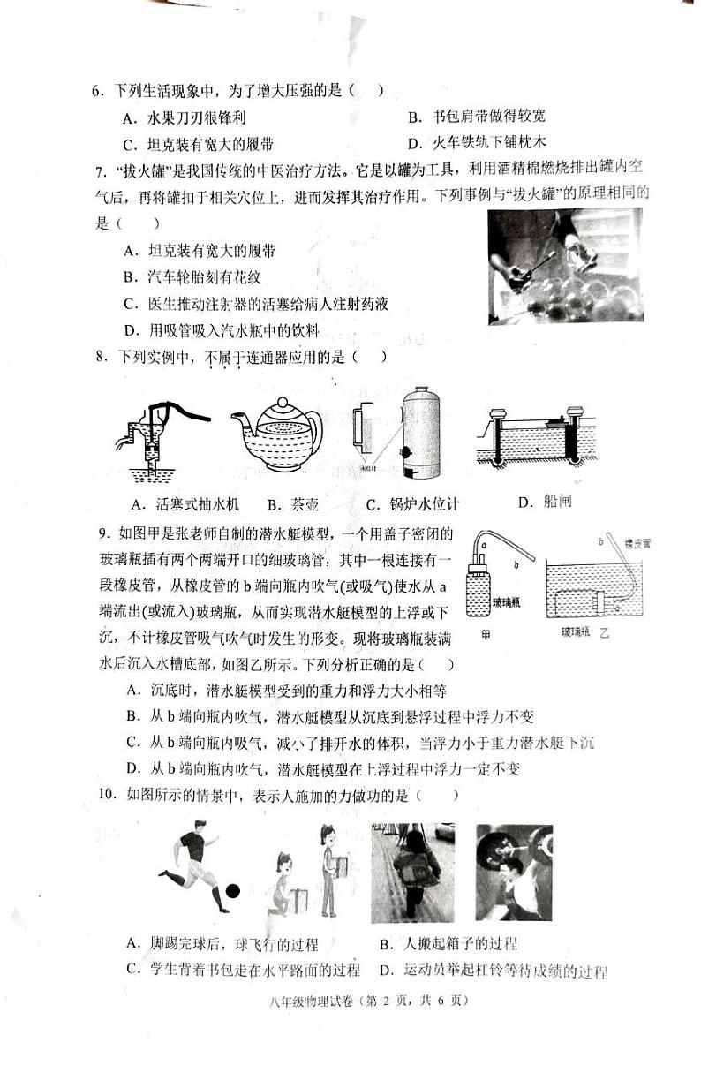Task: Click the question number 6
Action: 99,91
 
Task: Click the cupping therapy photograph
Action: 564,266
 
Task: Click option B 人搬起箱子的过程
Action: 448,944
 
